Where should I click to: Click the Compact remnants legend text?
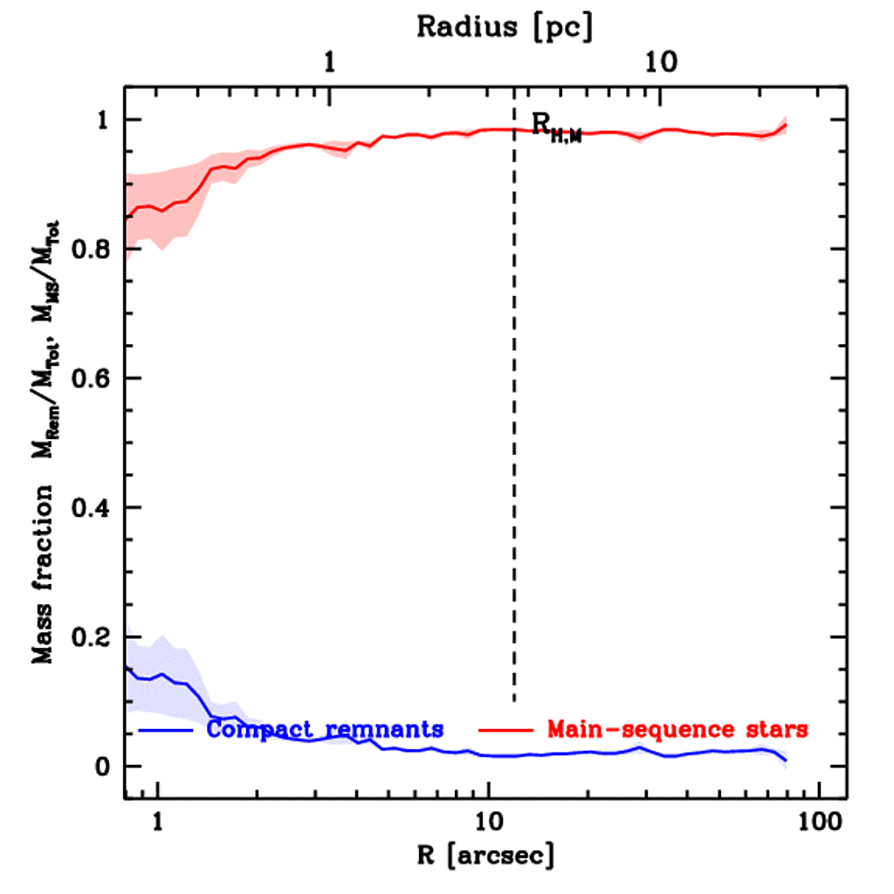click(x=325, y=728)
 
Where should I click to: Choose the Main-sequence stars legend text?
click(x=677, y=728)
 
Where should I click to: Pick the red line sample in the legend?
click(x=507, y=728)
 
